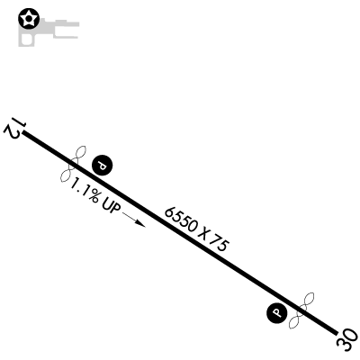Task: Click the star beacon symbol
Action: (x=29, y=19)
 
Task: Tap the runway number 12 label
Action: (x=14, y=129)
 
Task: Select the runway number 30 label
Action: (x=347, y=340)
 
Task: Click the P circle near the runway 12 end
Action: (x=102, y=166)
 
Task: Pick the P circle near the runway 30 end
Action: (x=277, y=313)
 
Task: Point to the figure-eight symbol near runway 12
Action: (x=74, y=164)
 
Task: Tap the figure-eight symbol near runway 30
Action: (x=301, y=310)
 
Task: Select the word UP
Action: (x=112, y=207)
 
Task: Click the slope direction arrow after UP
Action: (x=134, y=220)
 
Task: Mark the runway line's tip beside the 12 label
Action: (x=23, y=131)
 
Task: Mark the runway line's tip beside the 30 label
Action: (x=336, y=333)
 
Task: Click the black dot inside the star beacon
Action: (x=29, y=19)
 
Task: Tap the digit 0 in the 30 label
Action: (x=352, y=336)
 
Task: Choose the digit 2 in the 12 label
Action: (x=11, y=132)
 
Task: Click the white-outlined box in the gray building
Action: (x=26, y=40)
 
